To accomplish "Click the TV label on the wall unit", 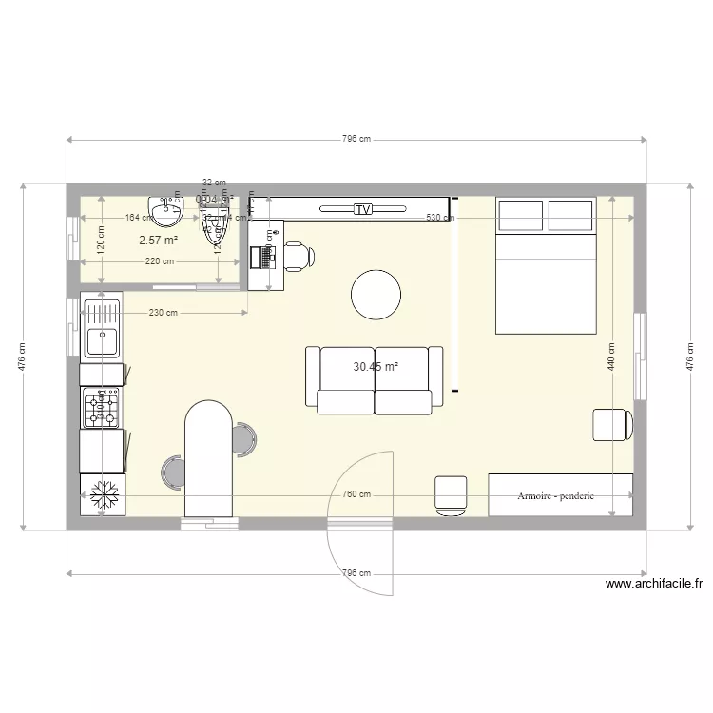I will [x=361, y=209].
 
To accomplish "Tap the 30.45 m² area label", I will [x=376, y=366].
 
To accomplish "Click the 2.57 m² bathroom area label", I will [x=159, y=241].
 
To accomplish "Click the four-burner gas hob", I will [x=101, y=407].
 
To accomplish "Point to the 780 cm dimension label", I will [x=356, y=495].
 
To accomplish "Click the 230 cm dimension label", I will [x=164, y=313].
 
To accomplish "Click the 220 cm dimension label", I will [x=159, y=261].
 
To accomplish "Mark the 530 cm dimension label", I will [x=439, y=218].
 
